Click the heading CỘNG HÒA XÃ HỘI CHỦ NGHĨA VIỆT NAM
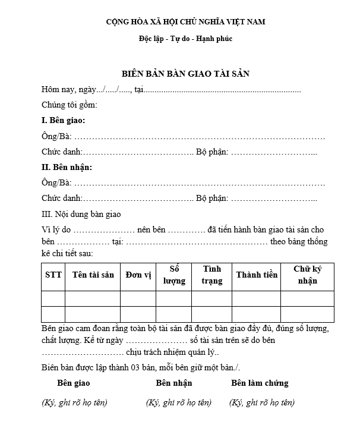pyautogui.click(x=185, y=22)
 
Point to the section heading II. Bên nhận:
pyautogui.click(x=67, y=167)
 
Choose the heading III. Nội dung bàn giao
pyautogui.click(x=81, y=214)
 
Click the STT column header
pyautogui.click(x=53, y=275)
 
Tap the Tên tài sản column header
pyautogui.click(x=93, y=275)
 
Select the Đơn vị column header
pyautogui.click(x=138, y=275)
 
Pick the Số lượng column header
pyautogui.click(x=175, y=275)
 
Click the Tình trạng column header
pyautogui.click(x=212, y=275)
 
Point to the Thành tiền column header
pyautogui.click(x=257, y=275)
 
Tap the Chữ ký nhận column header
pyautogui.click(x=307, y=275)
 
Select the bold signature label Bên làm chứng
pyautogui.click(x=260, y=383)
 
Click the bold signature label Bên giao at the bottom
pyautogui.click(x=73, y=383)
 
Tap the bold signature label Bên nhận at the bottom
pyautogui.click(x=174, y=383)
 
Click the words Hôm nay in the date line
pyautogui.click(x=55, y=90)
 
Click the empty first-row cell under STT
pyautogui.click(x=53, y=298)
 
